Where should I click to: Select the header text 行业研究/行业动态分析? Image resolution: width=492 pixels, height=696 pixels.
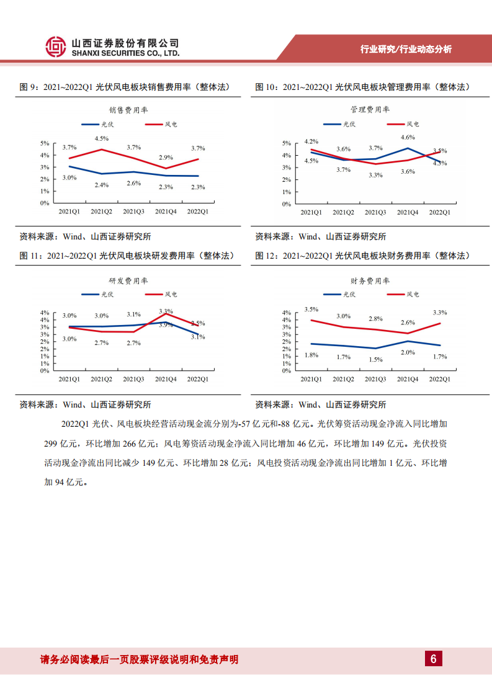[406, 50]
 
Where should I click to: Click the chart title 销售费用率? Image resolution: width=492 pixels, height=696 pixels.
[129, 110]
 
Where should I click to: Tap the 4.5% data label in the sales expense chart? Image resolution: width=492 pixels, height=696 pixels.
[102, 138]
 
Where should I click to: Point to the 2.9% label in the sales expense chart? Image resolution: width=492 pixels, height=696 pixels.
[166, 158]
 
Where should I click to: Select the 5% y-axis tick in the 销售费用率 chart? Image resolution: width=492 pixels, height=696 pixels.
[45, 143]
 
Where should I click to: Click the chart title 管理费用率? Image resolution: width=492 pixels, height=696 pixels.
[370, 110]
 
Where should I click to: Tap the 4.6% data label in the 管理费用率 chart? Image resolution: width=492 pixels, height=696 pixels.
[408, 138]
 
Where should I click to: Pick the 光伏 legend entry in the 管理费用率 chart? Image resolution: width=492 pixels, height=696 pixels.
[343, 125]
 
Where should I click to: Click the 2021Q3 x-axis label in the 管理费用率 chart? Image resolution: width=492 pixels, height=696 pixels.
[375, 213]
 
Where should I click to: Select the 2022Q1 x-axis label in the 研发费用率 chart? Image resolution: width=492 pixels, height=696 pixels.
[197, 378]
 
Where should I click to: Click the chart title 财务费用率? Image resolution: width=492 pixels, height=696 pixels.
[370, 282]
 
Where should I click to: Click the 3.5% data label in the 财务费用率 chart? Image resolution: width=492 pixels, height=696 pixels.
[311, 309]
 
